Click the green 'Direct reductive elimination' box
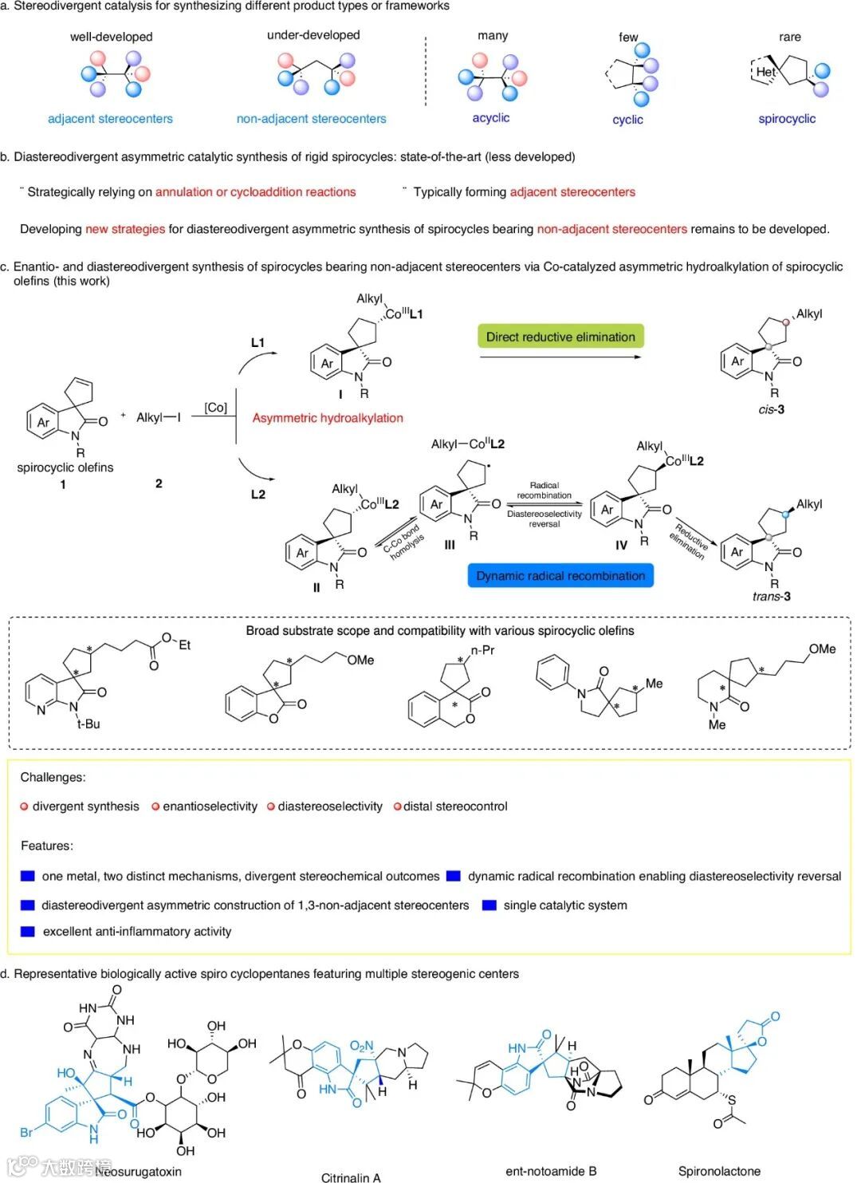[560, 337]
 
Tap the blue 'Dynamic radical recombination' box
[560, 575]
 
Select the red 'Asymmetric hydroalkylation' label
[328, 418]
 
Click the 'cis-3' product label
[771, 409]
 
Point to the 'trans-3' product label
[771, 596]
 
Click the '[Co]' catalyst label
[215, 408]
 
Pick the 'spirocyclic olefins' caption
[65, 467]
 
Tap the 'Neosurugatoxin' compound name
[139, 1171]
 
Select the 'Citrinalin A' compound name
[351, 1177]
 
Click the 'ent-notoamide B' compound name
[551, 1171]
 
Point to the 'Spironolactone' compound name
[719, 1171]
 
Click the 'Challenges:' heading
[53, 777]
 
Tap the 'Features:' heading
[47, 846]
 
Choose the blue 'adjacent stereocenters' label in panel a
[110, 119]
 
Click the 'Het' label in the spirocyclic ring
[765, 72]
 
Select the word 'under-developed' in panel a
[313, 35]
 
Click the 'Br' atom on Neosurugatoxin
[26, 1132]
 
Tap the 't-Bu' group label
[88, 724]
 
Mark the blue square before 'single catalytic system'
[489, 905]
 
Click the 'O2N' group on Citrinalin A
[361, 1047]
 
